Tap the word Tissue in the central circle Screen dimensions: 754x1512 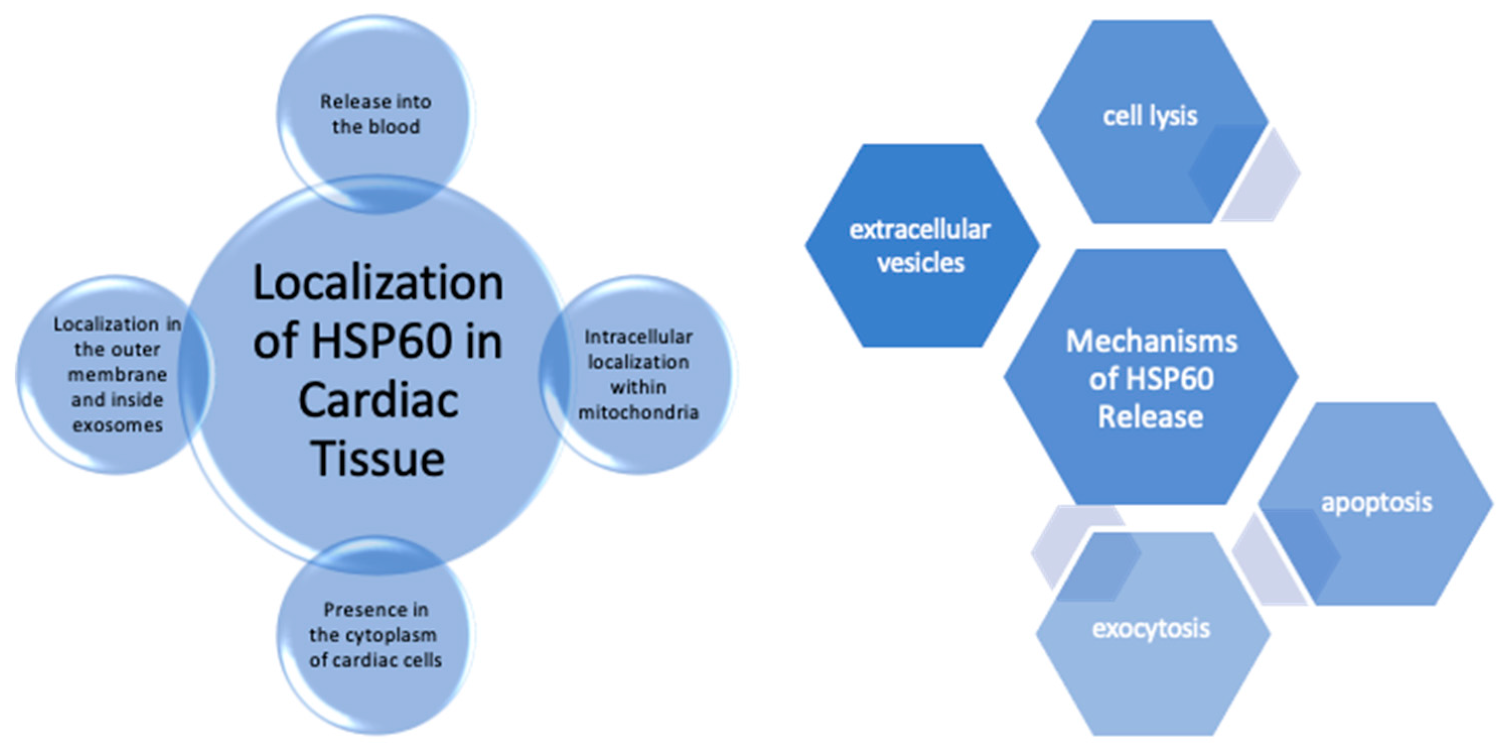point(378,459)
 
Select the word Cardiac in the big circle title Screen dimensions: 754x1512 point(378,400)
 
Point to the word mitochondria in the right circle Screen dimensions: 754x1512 point(638,412)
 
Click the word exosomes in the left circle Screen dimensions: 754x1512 point(117,425)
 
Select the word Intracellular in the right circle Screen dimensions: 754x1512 point(638,337)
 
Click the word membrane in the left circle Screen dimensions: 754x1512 point(117,374)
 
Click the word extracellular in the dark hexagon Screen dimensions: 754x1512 point(920,229)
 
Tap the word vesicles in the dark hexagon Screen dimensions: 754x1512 point(921,263)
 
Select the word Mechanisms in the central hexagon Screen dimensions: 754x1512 point(1151,342)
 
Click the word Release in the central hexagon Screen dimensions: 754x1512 point(1151,416)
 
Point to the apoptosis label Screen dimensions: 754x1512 point(1377,502)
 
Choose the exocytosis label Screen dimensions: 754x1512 point(1151,628)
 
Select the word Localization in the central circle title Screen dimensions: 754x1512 point(378,283)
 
